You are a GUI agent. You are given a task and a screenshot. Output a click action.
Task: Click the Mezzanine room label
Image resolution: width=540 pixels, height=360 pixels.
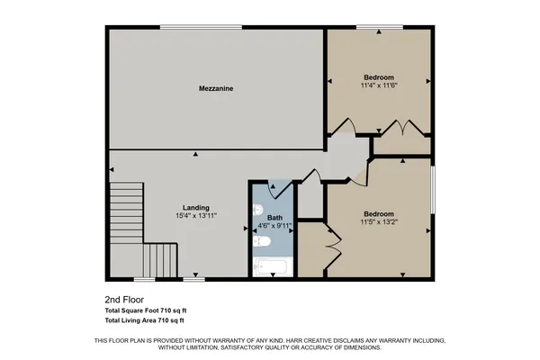pyautogui.click(x=216, y=89)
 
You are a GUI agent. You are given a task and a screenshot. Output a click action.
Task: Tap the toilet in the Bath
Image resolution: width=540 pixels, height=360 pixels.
pyautogui.click(x=263, y=241)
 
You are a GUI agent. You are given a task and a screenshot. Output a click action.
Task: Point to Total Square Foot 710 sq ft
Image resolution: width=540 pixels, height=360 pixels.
pyautogui.click(x=147, y=310)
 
